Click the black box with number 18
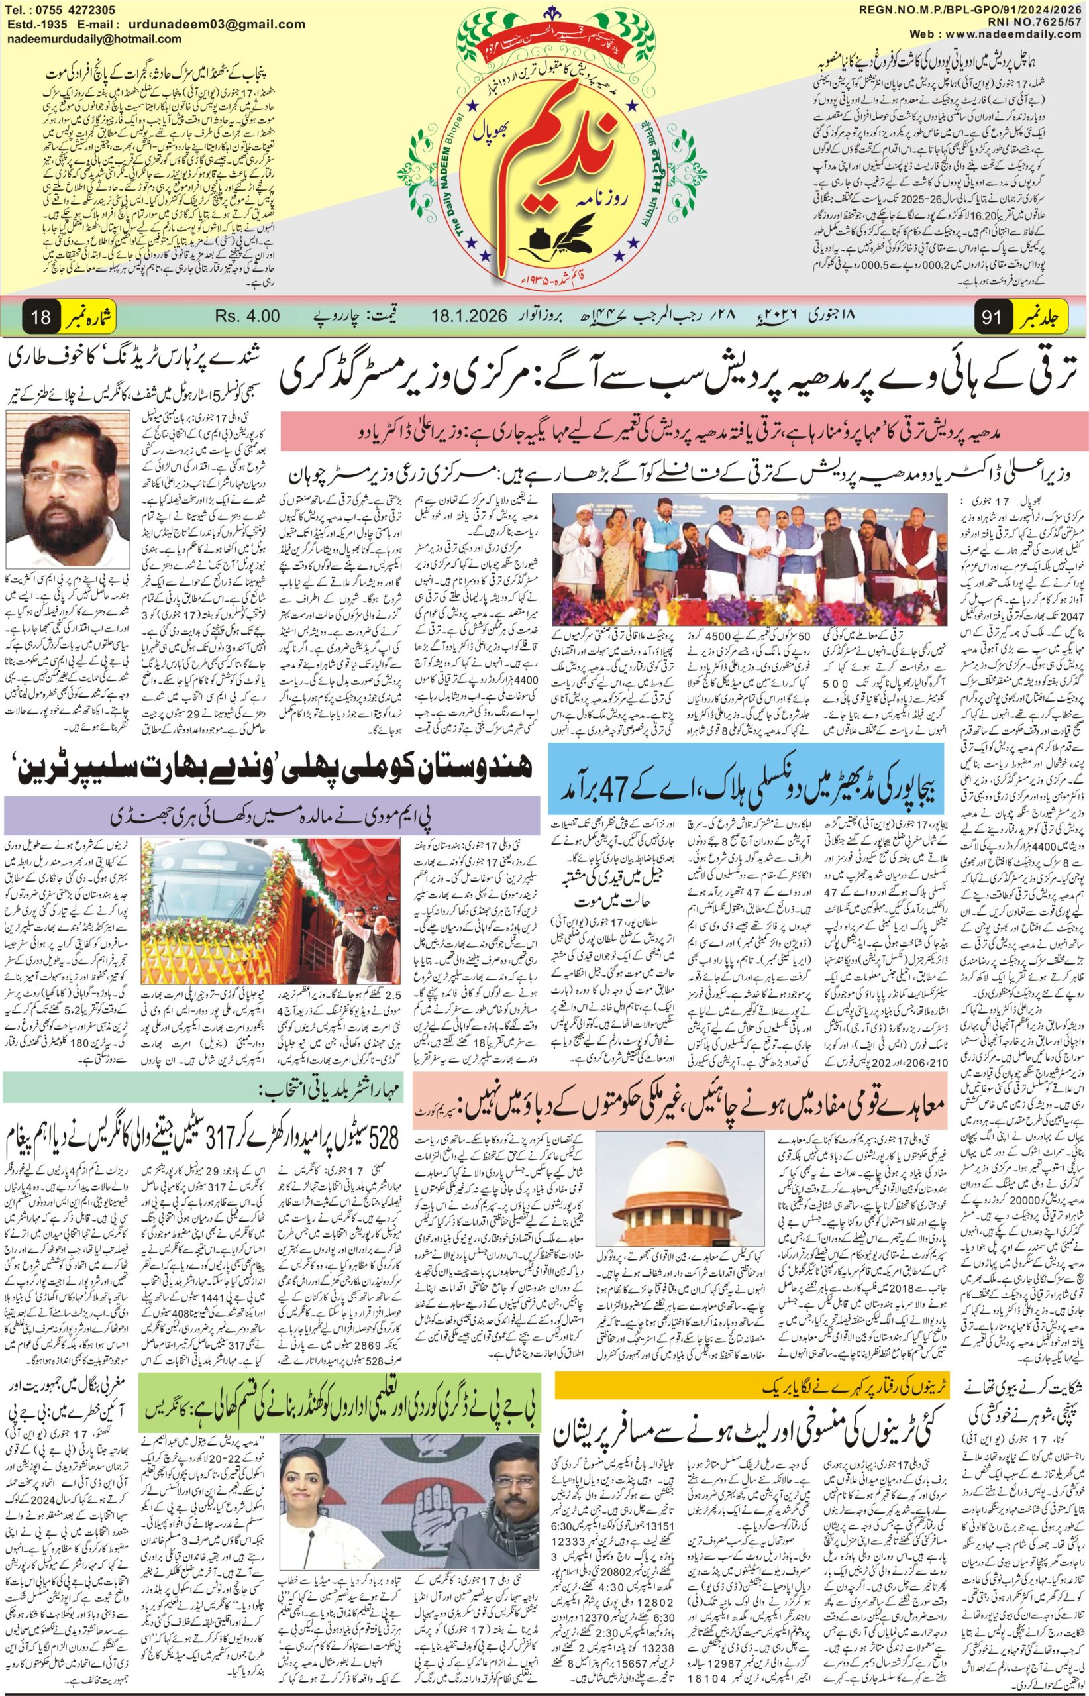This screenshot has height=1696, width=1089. (41, 317)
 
